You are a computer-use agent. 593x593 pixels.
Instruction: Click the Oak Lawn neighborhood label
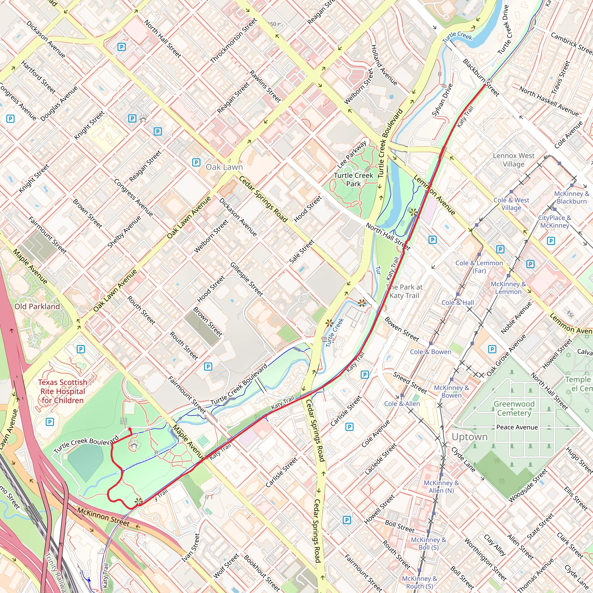(224, 167)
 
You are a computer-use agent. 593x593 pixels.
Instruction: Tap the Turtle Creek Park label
(353, 180)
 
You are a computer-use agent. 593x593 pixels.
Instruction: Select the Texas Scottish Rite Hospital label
(63, 391)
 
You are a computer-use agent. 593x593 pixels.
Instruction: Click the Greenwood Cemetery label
(514, 408)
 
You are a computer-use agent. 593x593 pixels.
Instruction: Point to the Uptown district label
(470, 437)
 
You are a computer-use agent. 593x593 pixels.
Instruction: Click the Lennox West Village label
(513, 160)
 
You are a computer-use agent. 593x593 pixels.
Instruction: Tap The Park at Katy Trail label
(404, 291)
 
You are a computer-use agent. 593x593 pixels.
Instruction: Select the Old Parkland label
(37, 306)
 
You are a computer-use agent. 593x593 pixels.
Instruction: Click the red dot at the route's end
(130, 429)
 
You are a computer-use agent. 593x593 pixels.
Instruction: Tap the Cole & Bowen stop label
(431, 352)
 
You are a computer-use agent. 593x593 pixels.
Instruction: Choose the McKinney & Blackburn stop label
(572, 197)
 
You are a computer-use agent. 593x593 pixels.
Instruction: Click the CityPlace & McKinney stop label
(554, 222)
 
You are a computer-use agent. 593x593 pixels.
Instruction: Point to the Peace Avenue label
(517, 427)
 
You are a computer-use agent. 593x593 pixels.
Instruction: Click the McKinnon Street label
(103, 517)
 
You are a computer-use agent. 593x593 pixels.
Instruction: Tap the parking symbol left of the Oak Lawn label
(196, 162)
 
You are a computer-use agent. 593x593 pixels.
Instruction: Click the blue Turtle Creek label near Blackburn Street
(457, 37)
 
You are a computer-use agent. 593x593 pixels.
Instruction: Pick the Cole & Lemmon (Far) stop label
(479, 267)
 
